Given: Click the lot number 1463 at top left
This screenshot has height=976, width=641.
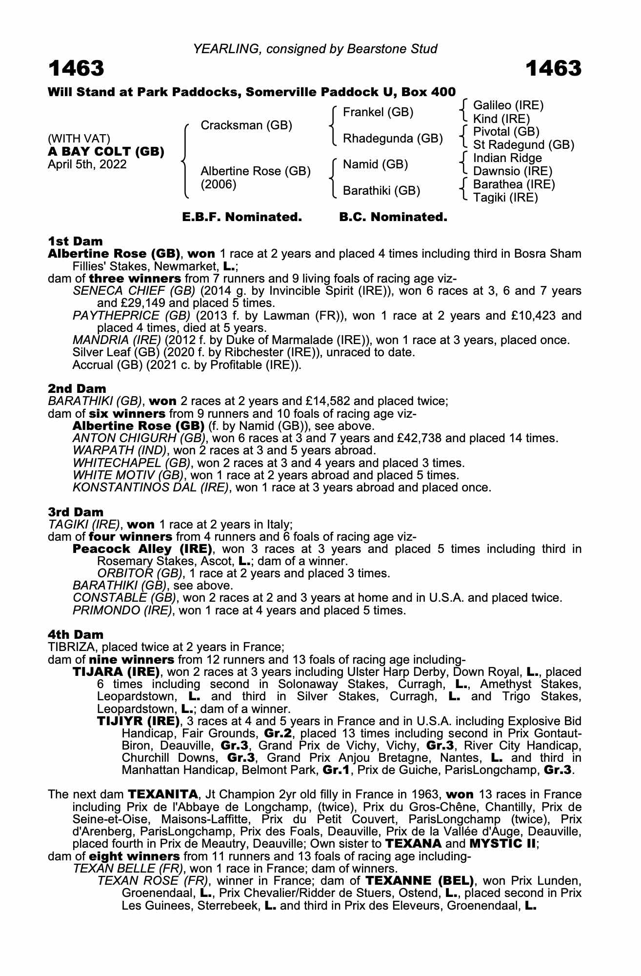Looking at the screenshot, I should pos(76,69).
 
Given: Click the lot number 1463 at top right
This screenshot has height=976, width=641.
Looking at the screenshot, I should pos(554,69).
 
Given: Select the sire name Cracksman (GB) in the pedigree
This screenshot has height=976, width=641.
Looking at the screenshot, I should pos(246,125).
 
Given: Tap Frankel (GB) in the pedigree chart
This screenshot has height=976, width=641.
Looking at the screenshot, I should pos(378,112).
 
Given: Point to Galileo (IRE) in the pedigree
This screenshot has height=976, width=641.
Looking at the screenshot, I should pos(508,105).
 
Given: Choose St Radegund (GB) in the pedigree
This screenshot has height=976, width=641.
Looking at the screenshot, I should pos(523,145).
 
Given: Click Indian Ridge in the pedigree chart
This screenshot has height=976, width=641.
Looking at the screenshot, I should pos(507,158).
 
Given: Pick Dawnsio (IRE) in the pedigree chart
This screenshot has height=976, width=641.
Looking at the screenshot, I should pos(513,171).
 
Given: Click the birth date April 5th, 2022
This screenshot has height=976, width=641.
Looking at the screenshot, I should pos(87,164).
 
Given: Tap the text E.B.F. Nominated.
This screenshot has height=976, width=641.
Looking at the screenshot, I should pos(242,217).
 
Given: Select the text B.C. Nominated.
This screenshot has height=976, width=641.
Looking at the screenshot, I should pos(393,217).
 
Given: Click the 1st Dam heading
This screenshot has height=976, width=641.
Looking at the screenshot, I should pos(76,242).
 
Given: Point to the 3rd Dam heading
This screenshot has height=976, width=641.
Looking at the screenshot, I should pos(76,512).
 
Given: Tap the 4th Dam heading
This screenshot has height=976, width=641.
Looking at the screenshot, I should pos(76,634).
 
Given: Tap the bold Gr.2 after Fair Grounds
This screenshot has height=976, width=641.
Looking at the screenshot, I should pos(277,733).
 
